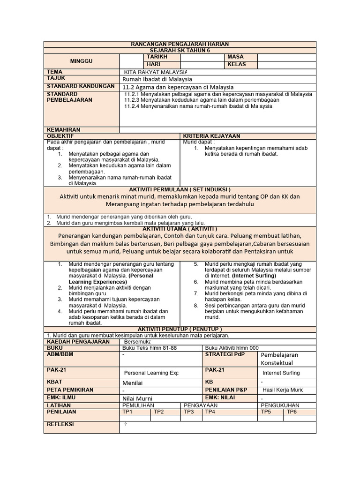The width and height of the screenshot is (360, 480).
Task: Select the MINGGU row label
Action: tap(81, 61)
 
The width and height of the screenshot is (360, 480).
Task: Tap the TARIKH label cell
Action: tap(157, 57)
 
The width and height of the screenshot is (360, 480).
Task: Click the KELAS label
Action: tap(236, 64)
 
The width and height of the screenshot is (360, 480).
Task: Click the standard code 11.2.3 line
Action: tap(202, 100)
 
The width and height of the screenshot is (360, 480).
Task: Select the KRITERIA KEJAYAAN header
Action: tap(211, 136)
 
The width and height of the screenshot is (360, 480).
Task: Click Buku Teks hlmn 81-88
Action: tap(147, 348)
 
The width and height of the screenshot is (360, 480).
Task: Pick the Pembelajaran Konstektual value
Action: tap(279, 359)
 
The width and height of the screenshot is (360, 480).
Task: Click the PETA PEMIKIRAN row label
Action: tap(70, 390)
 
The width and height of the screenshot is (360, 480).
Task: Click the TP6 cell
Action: tap(292, 412)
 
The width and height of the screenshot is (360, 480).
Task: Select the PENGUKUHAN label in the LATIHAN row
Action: tap(279, 405)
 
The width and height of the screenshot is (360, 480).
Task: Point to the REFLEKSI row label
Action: tap(60, 424)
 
